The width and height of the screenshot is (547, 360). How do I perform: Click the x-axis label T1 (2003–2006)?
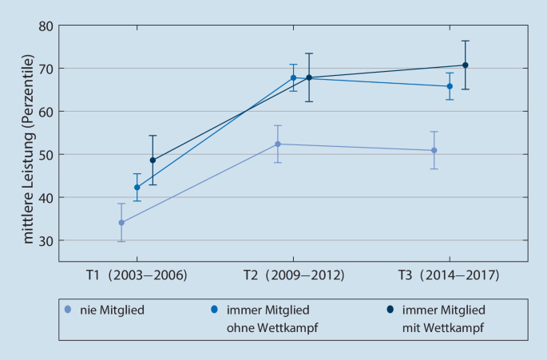(x=137, y=275)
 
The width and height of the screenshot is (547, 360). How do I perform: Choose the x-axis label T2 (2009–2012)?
(x=293, y=275)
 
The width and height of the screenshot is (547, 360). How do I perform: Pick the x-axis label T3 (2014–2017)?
(x=448, y=275)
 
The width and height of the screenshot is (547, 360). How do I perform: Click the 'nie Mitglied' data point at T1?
(x=121, y=223)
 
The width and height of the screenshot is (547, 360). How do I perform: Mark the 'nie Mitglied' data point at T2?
(x=278, y=144)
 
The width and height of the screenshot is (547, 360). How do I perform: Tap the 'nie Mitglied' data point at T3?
(x=434, y=150)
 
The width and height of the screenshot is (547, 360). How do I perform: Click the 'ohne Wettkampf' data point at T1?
(x=137, y=188)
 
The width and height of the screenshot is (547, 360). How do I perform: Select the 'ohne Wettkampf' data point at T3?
(x=450, y=86)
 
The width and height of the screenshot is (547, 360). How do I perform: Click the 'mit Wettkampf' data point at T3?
(x=465, y=65)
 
